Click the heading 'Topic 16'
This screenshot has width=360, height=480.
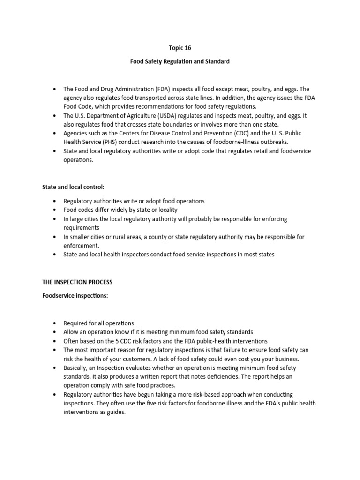180,47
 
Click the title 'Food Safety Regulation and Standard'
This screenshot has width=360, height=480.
180,61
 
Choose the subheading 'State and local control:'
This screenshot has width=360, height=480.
74,187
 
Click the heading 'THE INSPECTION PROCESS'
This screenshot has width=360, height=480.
77,282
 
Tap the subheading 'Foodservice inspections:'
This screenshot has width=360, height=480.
75,296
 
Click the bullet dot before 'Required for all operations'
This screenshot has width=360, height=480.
55,323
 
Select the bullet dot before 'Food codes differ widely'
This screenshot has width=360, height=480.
55,210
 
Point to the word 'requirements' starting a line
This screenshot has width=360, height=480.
81,227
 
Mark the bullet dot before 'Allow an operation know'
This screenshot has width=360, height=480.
55,332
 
